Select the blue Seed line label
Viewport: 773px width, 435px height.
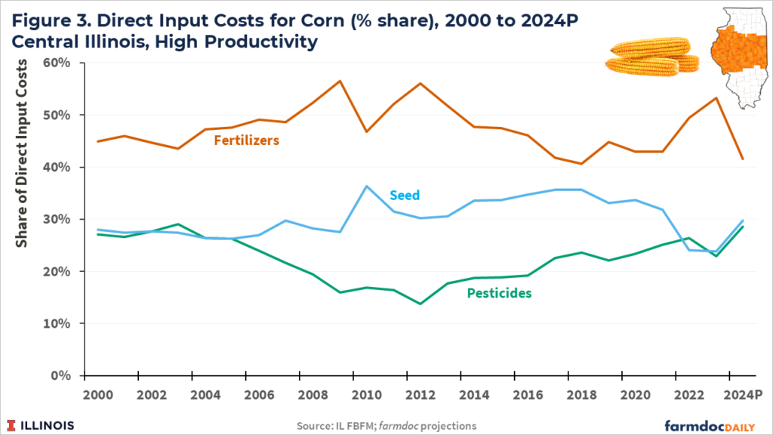pyautogui.click(x=404, y=195)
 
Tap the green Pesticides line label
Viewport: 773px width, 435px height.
pyautogui.click(x=500, y=293)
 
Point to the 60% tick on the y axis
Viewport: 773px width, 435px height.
pyautogui.click(x=58, y=63)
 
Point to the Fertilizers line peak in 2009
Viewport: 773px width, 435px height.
pyautogui.click(x=339, y=81)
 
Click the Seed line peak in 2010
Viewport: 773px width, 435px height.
pyautogui.click(x=366, y=186)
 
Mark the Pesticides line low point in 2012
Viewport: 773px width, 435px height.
pyautogui.click(x=420, y=304)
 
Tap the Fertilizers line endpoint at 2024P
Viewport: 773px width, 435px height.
pyautogui.click(x=743, y=159)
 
